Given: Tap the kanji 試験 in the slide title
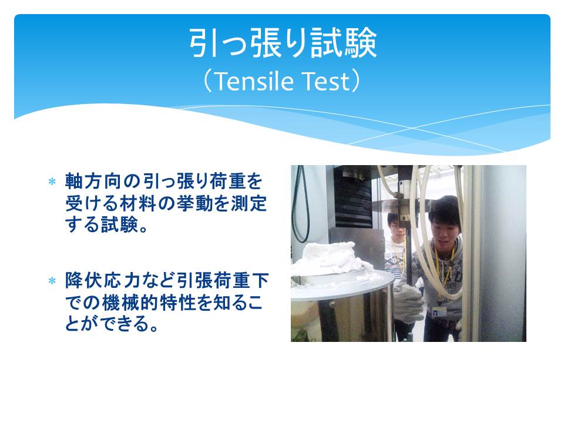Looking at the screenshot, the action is coord(344,43).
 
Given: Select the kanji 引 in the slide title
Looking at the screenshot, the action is coord(203,43).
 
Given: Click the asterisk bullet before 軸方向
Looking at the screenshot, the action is coord(52,182).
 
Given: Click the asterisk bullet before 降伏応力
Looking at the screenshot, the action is coord(52,281).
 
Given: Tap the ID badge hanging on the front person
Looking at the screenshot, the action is coord(439,311).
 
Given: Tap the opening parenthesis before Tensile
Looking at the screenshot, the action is coord(208,81).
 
